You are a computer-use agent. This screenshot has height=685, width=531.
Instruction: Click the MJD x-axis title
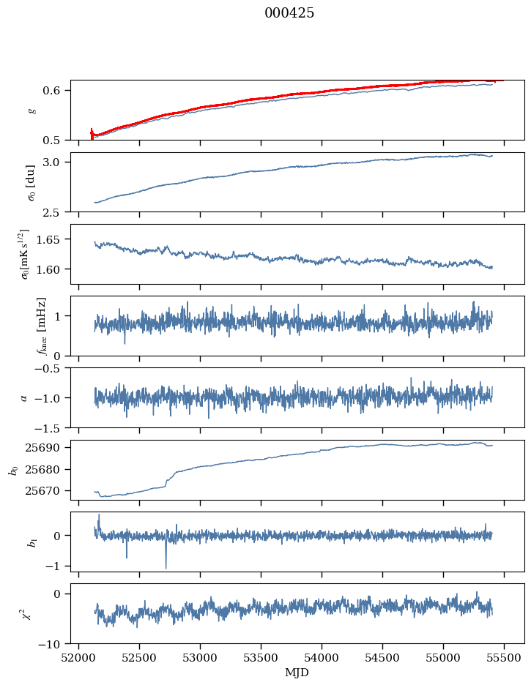tap(297, 673)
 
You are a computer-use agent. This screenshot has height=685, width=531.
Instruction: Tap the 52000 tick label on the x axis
tap(79, 658)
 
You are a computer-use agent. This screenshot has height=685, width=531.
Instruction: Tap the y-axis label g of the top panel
tap(31, 110)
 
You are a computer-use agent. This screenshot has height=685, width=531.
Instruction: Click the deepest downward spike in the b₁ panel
tap(166, 567)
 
